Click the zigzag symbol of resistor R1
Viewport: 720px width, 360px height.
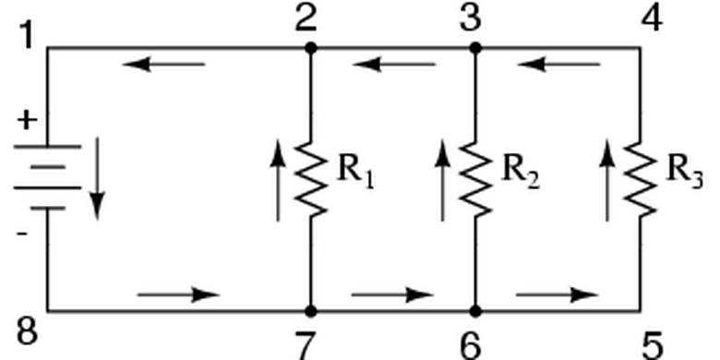pyautogui.click(x=312, y=179)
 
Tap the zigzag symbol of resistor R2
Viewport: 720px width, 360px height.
pyautogui.click(x=475, y=179)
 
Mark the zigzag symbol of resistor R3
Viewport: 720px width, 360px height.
pyautogui.click(x=640, y=179)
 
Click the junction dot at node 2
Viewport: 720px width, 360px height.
pyautogui.click(x=311, y=47)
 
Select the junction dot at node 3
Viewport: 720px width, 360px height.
pyautogui.click(x=475, y=47)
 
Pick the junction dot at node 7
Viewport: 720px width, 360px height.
pyautogui.click(x=311, y=311)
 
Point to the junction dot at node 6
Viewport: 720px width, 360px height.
pyautogui.click(x=475, y=311)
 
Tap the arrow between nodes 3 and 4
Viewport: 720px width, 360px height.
pyautogui.click(x=558, y=64)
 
